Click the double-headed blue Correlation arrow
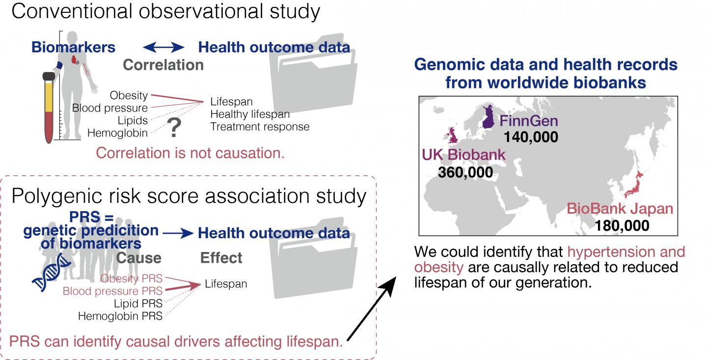(163, 47)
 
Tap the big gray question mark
(174, 127)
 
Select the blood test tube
(49, 108)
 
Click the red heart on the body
(75, 60)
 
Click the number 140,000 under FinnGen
(531, 137)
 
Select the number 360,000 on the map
(465, 172)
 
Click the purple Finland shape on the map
(488, 116)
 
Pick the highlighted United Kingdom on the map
(453, 136)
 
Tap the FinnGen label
(529, 121)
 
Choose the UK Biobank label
(463, 155)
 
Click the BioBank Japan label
(620, 209)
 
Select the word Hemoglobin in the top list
(117, 133)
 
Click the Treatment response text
(260, 127)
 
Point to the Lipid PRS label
(138, 304)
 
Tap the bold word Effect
(221, 258)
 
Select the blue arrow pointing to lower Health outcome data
(178, 233)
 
